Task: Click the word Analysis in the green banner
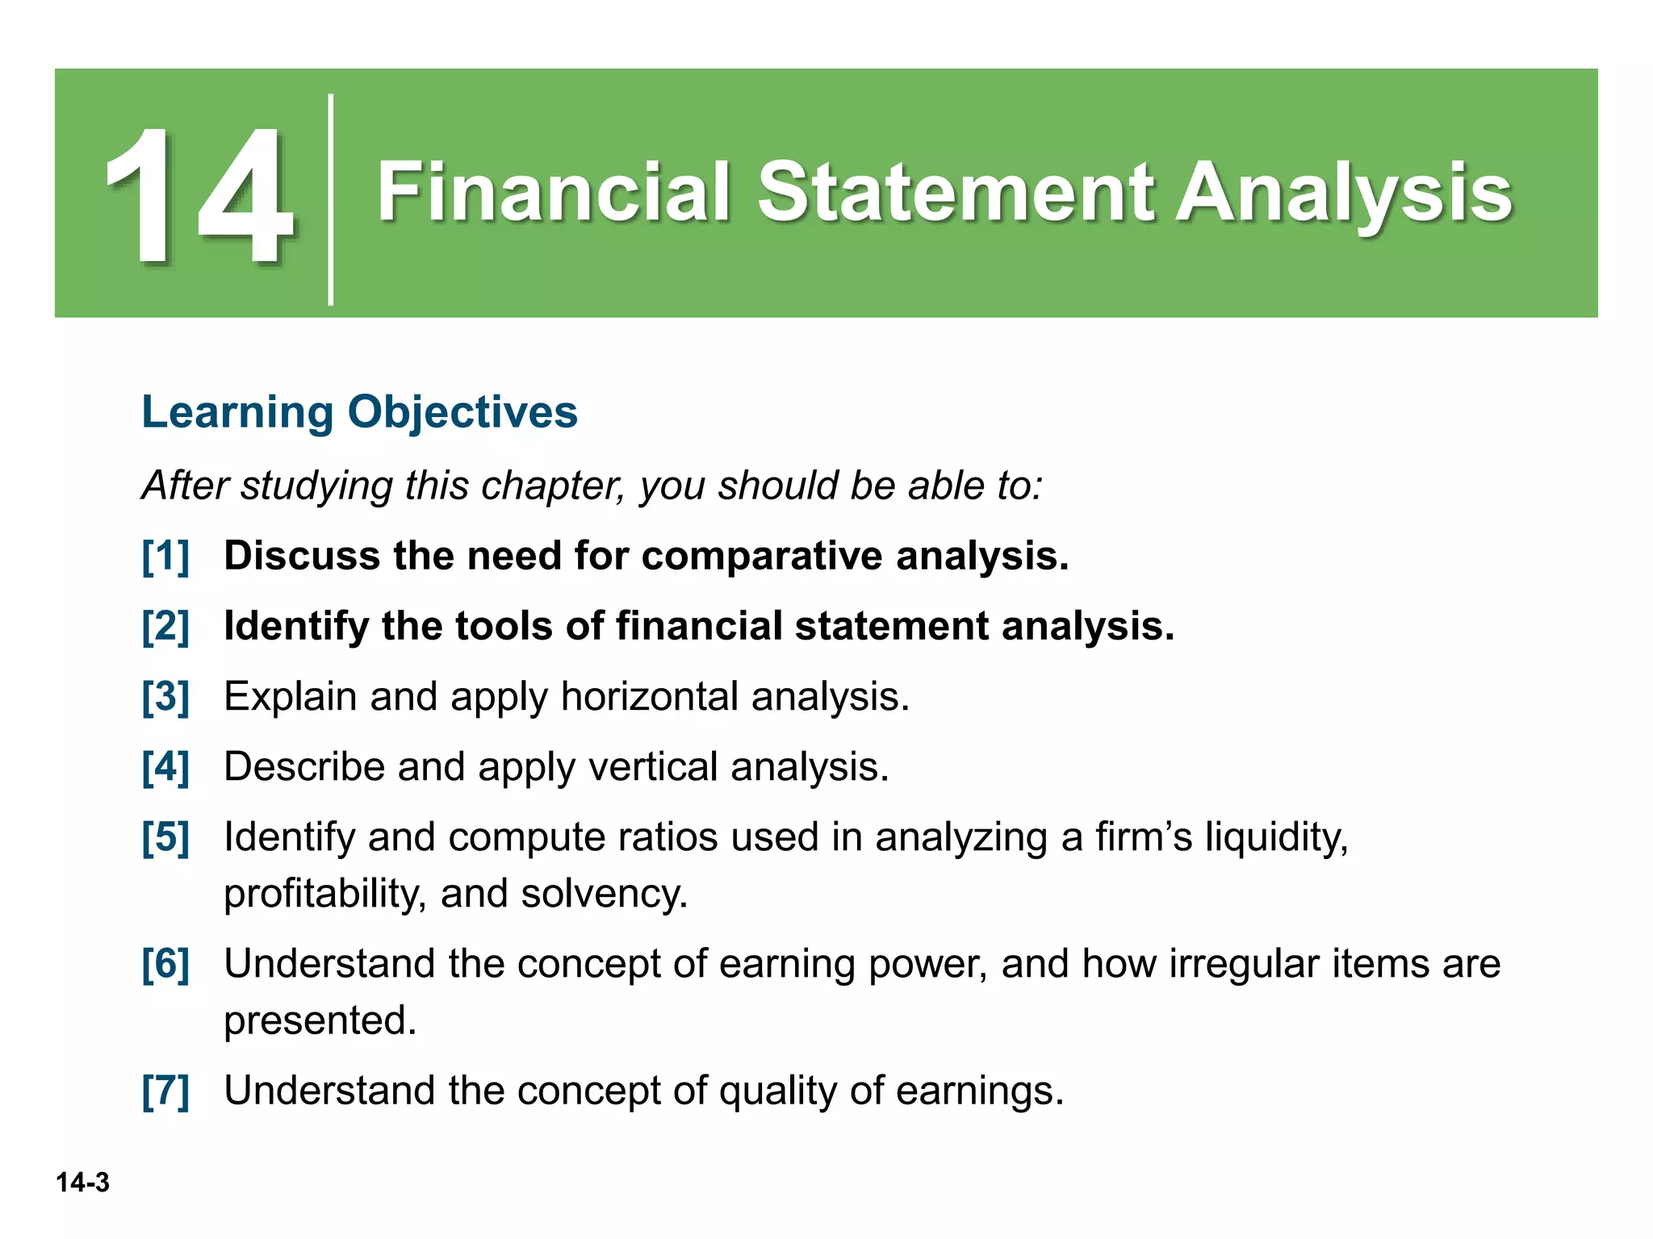pos(1343,194)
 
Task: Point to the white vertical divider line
pos(331,199)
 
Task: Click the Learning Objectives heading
pos(359,411)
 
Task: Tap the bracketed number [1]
pos(165,556)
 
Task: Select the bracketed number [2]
pos(165,626)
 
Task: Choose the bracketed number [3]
pos(165,696)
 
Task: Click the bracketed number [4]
pos(165,766)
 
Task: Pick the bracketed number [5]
pos(165,836)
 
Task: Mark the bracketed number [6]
pos(165,963)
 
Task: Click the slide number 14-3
pos(82,1183)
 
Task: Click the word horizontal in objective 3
pos(649,696)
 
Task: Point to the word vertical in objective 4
pos(653,766)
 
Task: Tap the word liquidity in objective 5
pos(1276,836)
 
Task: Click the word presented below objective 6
pos(320,1020)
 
